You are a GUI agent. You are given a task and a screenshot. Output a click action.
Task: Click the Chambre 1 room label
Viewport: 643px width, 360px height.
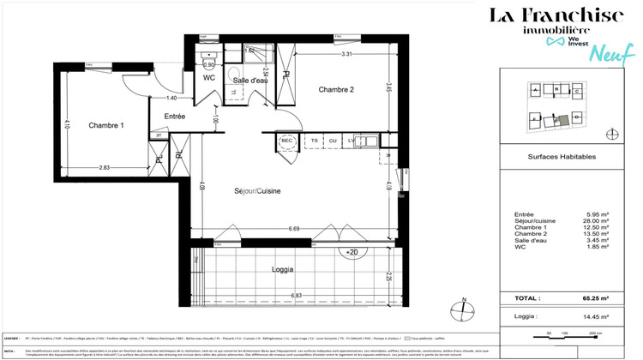pyautogui.click(x=106, y=125)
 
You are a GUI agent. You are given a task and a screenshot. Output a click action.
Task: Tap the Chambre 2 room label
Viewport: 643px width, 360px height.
pyautogui.click(x=337, y=89)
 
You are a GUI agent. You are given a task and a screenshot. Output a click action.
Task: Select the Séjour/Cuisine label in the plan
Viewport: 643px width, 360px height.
pyautogui.click(x=258, y=190)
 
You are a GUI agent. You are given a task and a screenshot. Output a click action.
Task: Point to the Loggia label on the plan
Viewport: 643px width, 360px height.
pyautogui.click(x=282, y=269)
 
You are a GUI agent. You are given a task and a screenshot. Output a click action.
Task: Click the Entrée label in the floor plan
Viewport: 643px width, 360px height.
pyautogui.click(x=175, y=116)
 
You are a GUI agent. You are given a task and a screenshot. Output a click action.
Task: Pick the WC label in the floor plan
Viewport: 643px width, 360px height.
pyautogui.click(x=209, y=77)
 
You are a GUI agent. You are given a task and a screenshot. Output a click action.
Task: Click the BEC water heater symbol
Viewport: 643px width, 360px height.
pyautogui.click(x=287, y=141)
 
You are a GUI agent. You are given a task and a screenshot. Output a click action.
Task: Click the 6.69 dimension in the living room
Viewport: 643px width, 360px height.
pyautogui.click(x=294, y=230)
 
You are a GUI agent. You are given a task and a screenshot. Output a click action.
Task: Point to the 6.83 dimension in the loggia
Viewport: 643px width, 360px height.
pyautogui.click(x=295, y=296)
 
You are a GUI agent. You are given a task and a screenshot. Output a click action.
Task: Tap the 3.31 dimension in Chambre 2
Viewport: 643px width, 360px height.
pyautogui.click(x=347, y=55)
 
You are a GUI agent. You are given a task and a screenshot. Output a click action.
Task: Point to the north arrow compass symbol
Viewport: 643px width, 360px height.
pyautogui.click(x=464, y=308)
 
